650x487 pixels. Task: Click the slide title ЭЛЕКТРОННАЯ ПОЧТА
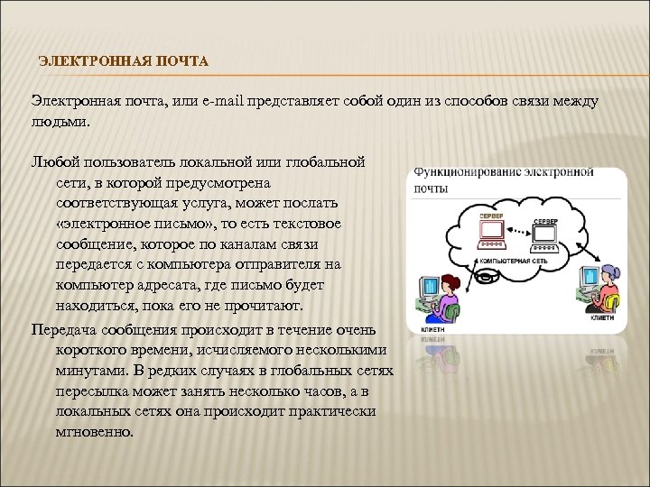pyautogui.click(x=123, y=61)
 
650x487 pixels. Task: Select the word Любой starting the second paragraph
pyautogui.click(x=52, y=162)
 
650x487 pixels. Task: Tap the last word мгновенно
pyautogui.click(x=94, y=431)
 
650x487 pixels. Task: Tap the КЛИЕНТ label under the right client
pyautogui.click(x=601, y=317)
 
